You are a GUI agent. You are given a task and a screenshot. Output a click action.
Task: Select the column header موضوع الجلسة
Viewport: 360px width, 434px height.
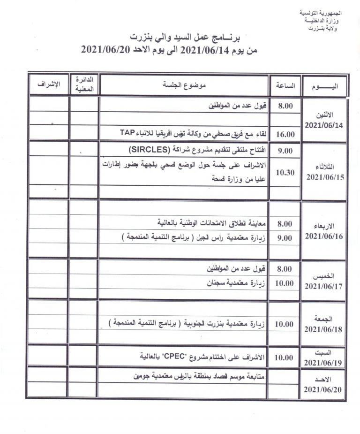click(184, 85)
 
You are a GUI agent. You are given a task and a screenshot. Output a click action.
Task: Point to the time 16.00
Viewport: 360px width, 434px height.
click(285, 134)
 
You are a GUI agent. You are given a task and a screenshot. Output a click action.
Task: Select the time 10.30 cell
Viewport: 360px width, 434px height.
click(285, 172)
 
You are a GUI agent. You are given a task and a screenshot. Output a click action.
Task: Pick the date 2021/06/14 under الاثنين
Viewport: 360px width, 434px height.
click(324, 125)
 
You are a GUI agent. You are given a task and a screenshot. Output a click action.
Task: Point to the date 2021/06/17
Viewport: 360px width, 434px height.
click(324, 285)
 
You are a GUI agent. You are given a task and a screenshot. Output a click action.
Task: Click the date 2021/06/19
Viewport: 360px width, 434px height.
click(324, 363)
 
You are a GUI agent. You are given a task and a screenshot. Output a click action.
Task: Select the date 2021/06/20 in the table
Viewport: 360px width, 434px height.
click(324, 389)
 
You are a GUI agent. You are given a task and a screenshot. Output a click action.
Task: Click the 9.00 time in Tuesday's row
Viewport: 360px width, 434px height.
click(285, 151)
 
